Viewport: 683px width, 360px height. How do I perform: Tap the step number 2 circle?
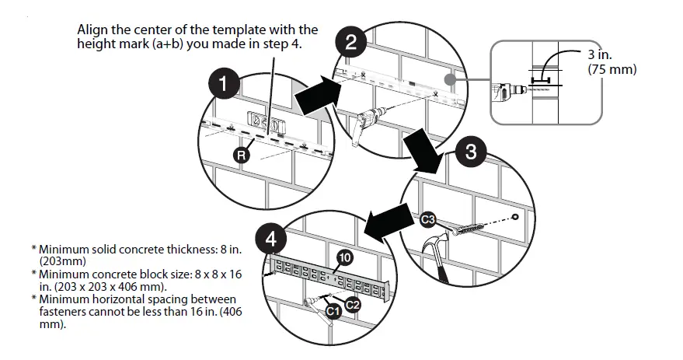click(x=350, y=42)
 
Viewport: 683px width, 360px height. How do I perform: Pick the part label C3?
click(x=428, y=220)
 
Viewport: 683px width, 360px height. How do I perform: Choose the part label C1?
click(x=333, y=312)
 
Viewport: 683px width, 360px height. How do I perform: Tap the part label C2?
click(x=352, y=304)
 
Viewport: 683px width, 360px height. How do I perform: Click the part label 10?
click(x=346, y=257)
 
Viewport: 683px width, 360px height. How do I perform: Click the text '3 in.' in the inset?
click(x=601, y=55)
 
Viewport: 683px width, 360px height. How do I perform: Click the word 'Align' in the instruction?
click(x=92, y=30)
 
